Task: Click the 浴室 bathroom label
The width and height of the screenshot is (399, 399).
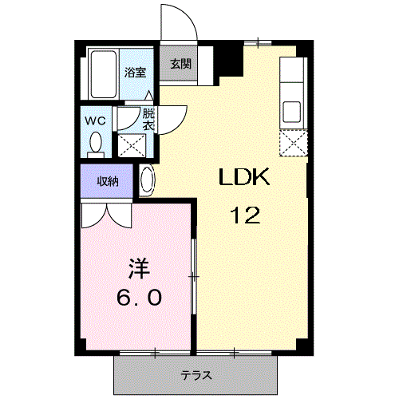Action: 134,73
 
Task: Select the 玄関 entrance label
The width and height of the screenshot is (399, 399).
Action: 178,65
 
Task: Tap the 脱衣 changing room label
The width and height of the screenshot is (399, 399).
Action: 148,119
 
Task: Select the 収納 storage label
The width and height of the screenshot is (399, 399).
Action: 108,181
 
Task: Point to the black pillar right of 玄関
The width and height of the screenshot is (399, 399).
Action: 230,57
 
